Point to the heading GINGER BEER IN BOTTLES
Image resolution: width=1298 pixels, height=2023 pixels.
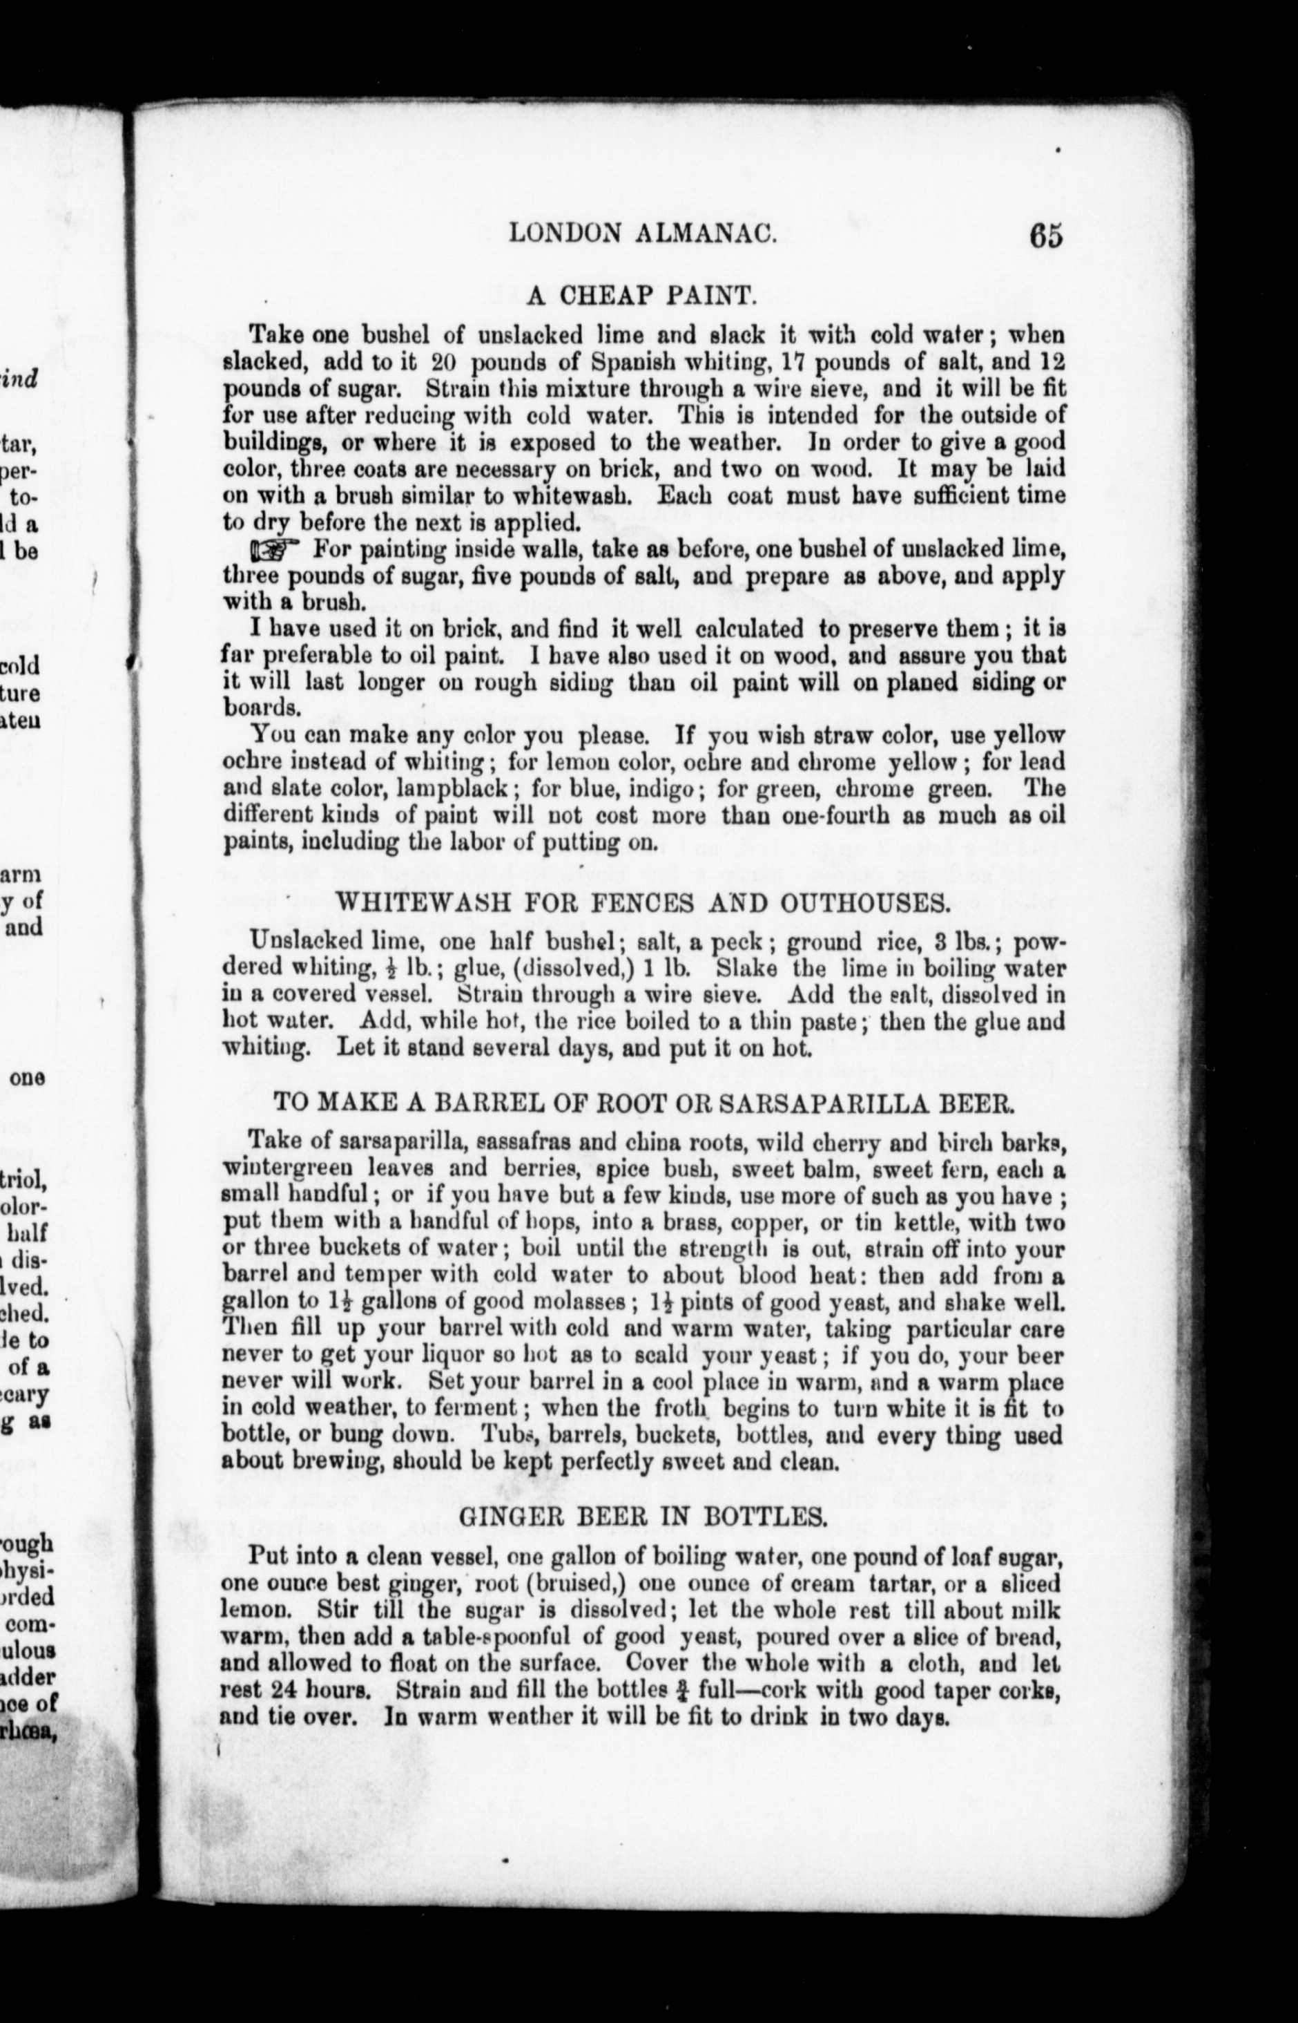tap(641, 1517)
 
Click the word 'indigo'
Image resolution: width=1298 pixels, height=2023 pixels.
tap(657, 789)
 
